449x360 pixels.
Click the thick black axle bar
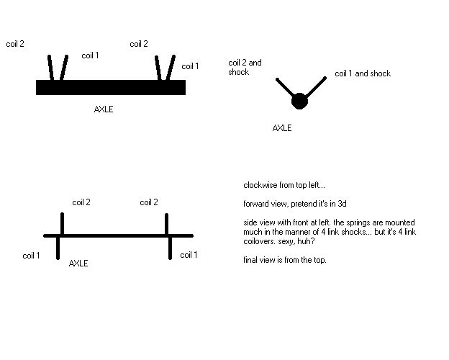111,87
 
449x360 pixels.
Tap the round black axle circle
299,102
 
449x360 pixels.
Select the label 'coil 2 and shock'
245,67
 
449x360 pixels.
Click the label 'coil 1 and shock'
363,73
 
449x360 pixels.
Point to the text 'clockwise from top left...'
284,185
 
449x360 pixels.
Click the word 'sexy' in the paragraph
286,241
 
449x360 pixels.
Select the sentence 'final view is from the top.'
285,260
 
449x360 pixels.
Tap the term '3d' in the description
342,204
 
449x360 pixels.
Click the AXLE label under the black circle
282,128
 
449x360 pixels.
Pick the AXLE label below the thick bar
104,109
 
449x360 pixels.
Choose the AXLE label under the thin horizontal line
78,264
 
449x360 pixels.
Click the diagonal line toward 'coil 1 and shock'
316,87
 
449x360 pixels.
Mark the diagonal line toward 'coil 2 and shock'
285,87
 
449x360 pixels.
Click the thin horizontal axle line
118,236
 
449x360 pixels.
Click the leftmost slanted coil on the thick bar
50,68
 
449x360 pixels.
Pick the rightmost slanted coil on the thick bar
171,68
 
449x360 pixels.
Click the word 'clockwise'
260,185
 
